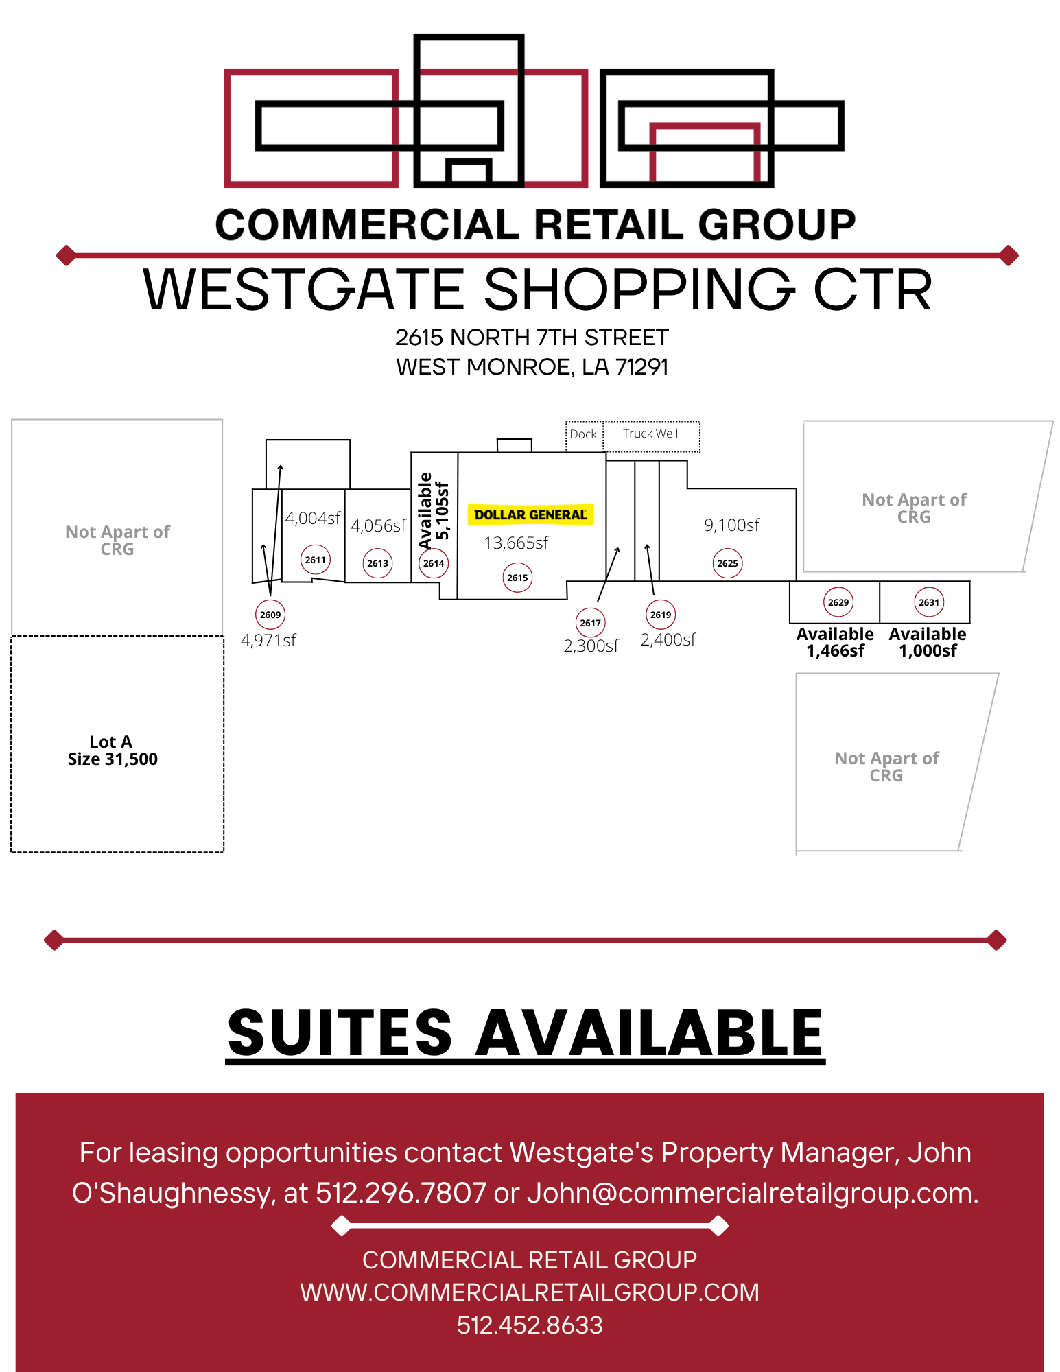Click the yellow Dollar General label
point(530,514)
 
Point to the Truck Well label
point(650,434)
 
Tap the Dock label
point(583,434)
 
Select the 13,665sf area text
point(516,543)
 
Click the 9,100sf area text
point(732,525)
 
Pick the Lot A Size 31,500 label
point(113,750)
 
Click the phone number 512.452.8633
point(530,1325)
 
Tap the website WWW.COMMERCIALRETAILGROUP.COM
point(530,1292)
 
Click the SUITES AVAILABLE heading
point(526,1033)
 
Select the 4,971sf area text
point(268,641)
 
